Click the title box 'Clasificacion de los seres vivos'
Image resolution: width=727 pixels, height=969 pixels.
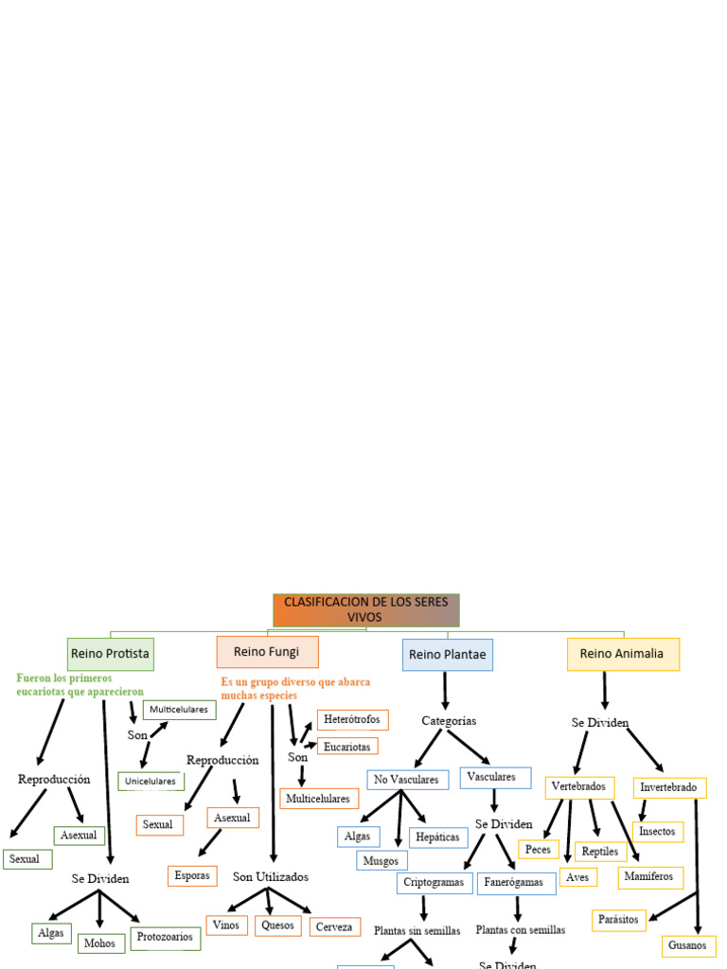click(x=365, y=610)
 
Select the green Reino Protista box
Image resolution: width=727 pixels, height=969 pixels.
click(x=110, y=654)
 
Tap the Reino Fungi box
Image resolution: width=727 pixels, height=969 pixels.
click(x=267, y=652)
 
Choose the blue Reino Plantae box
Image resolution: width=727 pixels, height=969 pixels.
click(x=447, y=655)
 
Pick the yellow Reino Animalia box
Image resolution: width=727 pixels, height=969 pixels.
click(x=622, y=654)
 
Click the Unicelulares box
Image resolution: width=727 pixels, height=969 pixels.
click(x=151, y=782)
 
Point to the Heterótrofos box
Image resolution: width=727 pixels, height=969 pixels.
click(x=352, y=720)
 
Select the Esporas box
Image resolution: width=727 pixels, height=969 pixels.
click(x=192, y=876)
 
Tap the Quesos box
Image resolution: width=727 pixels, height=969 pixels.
click(x=277, y=925)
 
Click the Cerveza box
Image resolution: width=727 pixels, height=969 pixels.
click(x=334, y=927)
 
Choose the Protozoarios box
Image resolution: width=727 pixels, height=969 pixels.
click(x=166, y=938)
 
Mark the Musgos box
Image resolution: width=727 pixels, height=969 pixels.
click(x=381, y=861)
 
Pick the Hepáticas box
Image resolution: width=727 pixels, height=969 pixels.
click(x=437, y=837)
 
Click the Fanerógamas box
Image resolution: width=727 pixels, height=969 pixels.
click(x=516, y=883)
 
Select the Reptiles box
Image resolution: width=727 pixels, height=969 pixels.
click(x=600, y=852)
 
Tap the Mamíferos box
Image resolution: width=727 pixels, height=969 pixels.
click(x=649, y=877)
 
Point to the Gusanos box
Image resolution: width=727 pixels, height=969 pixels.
click(x=686, y=945)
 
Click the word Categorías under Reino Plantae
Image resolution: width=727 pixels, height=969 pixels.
click(x=449, y=721)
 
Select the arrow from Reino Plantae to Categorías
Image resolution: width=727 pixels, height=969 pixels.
click(x=446, y=691)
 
